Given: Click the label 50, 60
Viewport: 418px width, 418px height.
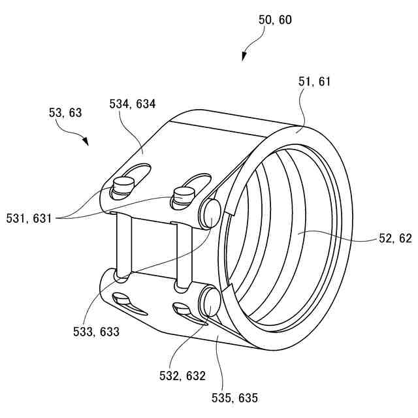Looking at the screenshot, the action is pos(275,20).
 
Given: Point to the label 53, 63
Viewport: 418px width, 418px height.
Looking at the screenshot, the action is pos(65,113).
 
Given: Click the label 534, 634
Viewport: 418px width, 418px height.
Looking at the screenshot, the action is pos(133,104).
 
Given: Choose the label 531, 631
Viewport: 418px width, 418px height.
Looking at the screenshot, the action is pos(27,219).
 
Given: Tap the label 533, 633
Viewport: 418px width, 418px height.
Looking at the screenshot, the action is pos(96,331).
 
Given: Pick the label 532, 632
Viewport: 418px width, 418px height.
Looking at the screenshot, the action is pos(182,376).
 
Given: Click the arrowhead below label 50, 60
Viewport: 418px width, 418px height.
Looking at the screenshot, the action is pos(244,57).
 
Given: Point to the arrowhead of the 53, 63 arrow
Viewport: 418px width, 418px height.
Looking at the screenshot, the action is pos(86,142).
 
